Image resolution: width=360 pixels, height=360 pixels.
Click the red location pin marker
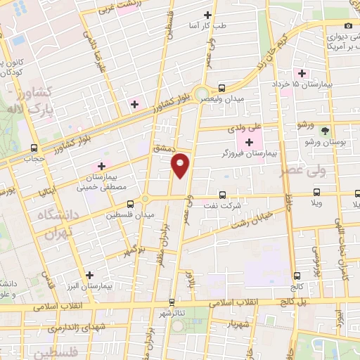click(181, 165)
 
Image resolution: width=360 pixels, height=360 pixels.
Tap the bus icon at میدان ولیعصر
click(222, 89)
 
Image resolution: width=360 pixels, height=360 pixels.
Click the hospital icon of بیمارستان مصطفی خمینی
click(101, 166)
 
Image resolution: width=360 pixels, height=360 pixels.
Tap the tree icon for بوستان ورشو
click(324, 131)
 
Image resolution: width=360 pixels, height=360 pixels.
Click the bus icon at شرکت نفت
click(222, 195)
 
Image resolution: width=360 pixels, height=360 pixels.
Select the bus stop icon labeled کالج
click(297, 276)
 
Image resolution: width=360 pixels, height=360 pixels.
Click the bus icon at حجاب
click(34, 148)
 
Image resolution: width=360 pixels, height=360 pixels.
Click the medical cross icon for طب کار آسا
click(207, 15)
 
